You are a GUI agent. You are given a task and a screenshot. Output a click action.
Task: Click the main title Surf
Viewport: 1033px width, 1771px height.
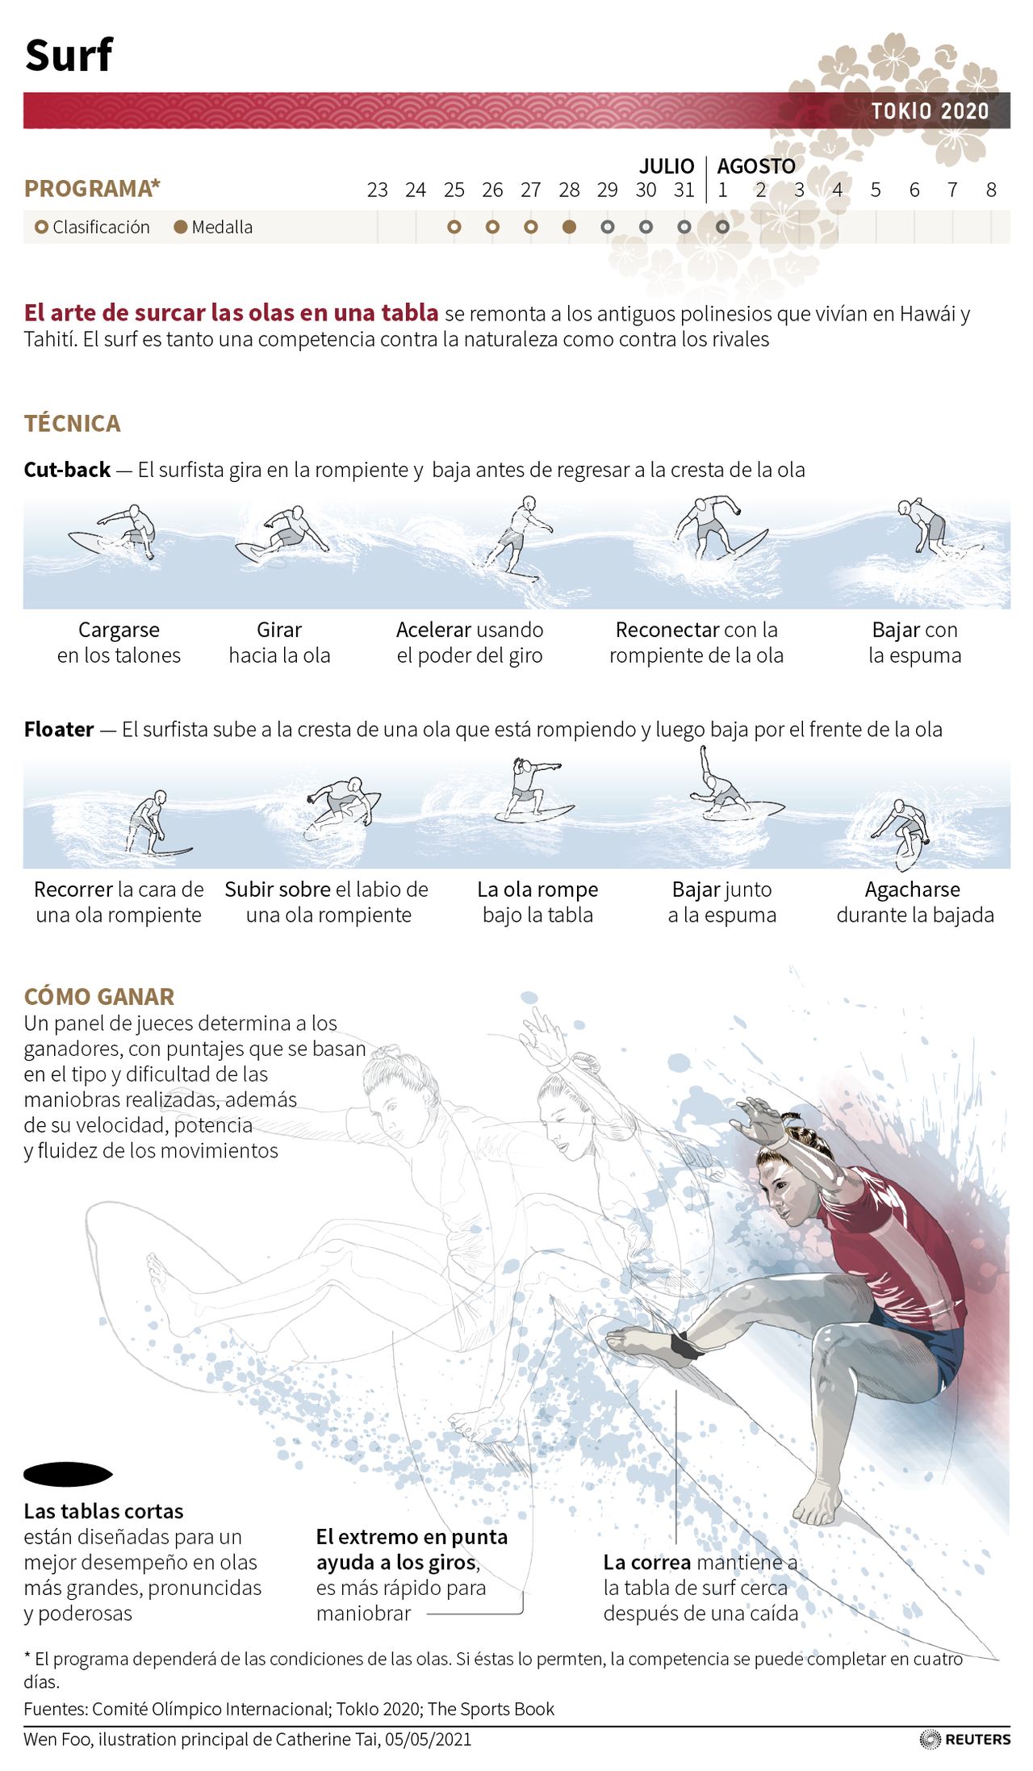[x=69, y=56]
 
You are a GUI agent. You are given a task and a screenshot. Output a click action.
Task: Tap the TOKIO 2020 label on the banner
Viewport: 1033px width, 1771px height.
[x=930, y=111]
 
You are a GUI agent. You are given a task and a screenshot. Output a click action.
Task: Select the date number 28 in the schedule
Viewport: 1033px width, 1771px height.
[x=569, y=190]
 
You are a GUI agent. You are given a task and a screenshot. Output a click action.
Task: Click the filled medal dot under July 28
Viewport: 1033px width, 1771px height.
[x=569, y=227]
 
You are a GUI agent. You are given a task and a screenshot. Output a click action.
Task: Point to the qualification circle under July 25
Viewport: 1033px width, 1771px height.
[x=454, y=227]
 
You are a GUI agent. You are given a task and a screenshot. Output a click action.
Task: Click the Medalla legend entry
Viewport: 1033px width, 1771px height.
[x=214, y=227]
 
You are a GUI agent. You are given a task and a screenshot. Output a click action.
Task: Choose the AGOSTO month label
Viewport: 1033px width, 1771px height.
[x=756, y=166]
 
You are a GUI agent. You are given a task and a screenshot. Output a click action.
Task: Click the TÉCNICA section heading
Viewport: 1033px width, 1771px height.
[x=72, y=423]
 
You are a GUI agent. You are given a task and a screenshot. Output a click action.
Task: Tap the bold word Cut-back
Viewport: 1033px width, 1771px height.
[x=67, y=470]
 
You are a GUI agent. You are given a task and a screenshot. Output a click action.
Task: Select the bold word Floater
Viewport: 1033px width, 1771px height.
[x=59, y=729]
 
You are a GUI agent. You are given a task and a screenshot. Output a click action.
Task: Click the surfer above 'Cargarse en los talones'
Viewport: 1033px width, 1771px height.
[x=113, y=533]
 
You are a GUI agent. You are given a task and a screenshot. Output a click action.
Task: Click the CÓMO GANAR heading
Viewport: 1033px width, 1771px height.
[x=99, y=996]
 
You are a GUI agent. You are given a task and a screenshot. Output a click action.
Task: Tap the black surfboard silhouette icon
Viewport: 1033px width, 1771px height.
[x=68, y=1475]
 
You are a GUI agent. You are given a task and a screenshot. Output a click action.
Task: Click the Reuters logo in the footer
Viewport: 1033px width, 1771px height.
[x=965, y=1739]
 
